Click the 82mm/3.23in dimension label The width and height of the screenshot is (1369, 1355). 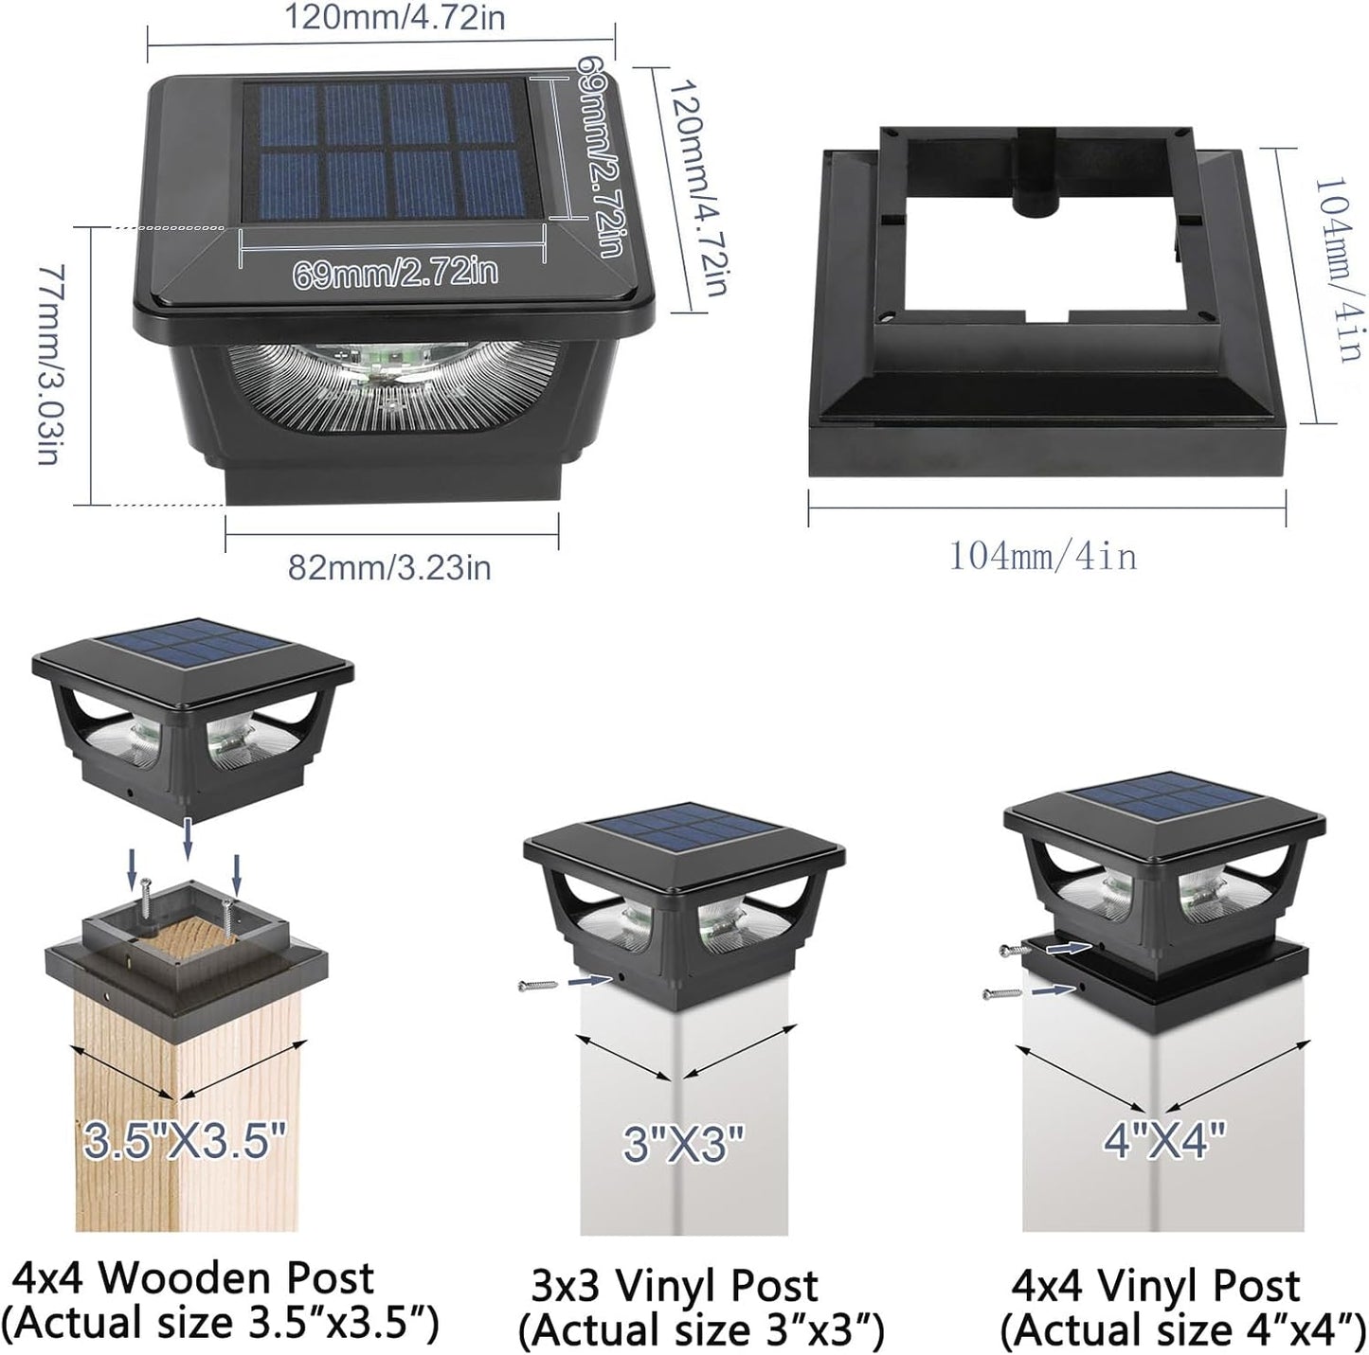click(x=389, y=567)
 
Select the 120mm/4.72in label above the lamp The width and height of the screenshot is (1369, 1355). click(x=395, y=17)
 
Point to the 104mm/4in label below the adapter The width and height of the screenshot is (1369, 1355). click(x=1043, y=557)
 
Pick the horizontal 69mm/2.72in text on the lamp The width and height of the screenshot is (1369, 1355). click(x=396, y=273)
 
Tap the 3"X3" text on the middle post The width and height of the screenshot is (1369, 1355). click(x=683, y=1143)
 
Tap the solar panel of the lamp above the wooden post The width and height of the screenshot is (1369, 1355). click(x=192, y=639)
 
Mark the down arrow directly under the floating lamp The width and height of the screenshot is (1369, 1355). click(x=187, y=838)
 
